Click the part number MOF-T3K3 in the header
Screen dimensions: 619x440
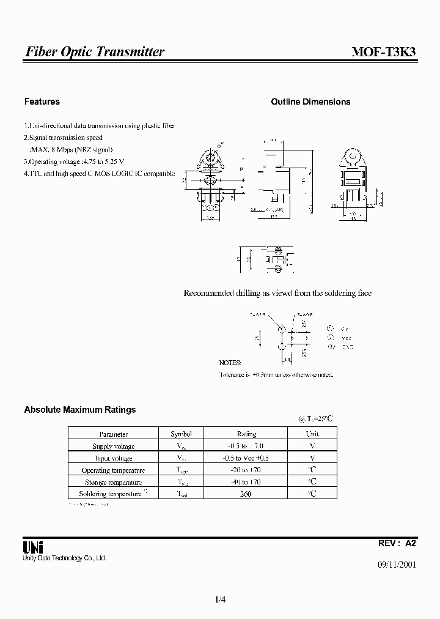pos(384,52)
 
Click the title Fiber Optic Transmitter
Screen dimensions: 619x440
pos(95,52)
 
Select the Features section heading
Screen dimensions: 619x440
pos(42,102)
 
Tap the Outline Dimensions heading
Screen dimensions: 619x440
pos(310,102)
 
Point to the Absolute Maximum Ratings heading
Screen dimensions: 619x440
pos(79,410)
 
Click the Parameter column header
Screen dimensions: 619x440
pos(113,434)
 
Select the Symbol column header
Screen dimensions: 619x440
pos(182,434)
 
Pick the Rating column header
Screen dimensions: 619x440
pos(246,434)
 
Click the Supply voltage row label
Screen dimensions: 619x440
pos(113,447)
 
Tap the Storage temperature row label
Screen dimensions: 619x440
pos(113,482)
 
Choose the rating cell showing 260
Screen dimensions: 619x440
pos(246,494)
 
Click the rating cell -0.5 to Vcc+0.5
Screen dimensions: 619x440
pos(246,458)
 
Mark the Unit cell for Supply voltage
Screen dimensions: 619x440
pos(312,447)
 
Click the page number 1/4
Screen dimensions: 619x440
pos(220,600)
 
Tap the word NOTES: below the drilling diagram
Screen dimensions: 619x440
pos(230,363)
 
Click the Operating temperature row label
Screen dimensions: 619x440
pos(113,470)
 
